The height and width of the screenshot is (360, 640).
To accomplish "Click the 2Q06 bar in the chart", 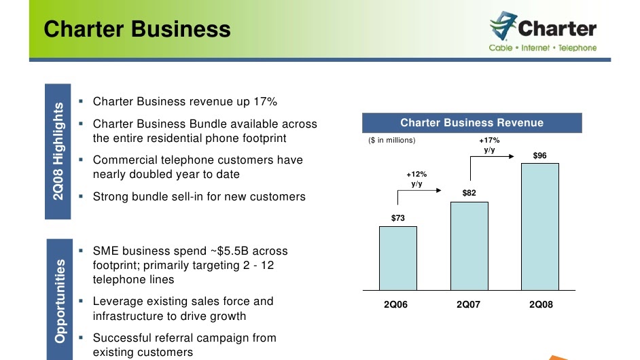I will pos(398,257).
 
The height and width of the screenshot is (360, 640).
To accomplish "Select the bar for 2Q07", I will pos(469,245).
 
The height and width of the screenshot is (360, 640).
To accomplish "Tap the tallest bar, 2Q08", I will pos(540,226).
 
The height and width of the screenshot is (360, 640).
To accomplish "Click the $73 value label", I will pos(398,218).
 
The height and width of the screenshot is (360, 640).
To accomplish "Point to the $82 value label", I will pos(469,194).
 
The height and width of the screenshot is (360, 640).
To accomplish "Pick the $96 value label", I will pos(540,156).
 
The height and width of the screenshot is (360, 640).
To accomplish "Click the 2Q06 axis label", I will pos(396,305).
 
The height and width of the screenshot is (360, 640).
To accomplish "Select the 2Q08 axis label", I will pos(541,305).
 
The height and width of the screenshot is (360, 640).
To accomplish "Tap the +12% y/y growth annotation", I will pos(417,179).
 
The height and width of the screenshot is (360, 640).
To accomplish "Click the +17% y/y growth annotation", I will pos(489,145).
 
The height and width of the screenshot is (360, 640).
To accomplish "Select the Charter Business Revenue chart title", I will pos(472,123).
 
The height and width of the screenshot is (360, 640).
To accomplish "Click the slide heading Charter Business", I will pos(137,29).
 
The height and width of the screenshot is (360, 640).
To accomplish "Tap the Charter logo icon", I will pos(502,28).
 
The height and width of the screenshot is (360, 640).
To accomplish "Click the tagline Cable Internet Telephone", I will pos(543,48).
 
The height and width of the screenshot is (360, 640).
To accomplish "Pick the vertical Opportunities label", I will pos(60,300).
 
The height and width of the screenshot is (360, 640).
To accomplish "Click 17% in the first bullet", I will pos(265,102).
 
